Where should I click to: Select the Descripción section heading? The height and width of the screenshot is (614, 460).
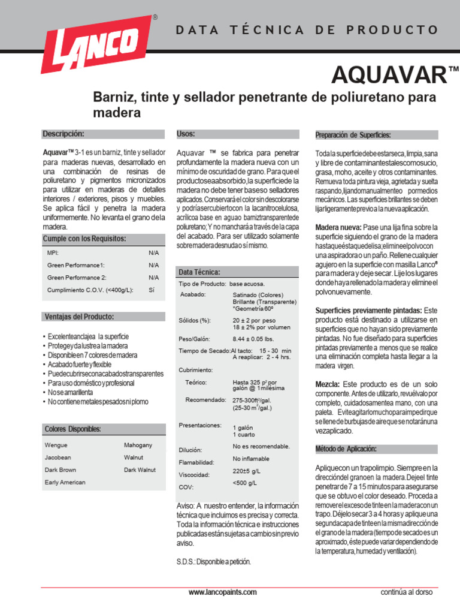coord(63,134)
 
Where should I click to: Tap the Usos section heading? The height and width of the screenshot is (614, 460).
coord(186,134)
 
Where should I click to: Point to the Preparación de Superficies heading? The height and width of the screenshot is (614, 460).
coord(353,135)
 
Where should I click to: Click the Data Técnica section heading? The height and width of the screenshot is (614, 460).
coord(199,272)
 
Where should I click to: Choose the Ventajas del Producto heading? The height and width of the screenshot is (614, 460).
coord(79,317)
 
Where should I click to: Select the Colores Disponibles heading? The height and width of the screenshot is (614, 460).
coord(72,429)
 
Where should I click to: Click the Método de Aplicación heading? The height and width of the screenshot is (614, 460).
coord(346,449)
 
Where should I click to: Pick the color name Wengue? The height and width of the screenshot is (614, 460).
coord(56,446)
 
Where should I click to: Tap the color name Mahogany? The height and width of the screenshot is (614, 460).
coord(138,445)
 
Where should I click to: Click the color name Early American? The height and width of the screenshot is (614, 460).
coord(65,482)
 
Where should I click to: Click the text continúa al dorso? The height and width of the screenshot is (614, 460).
coord(406,592)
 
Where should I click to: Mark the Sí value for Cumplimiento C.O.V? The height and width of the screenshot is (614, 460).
coord(152,290)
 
